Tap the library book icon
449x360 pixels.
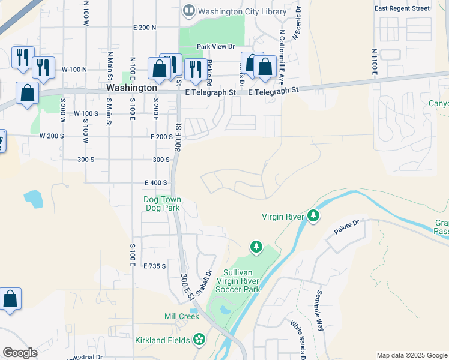189,10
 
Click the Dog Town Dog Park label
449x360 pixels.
162,204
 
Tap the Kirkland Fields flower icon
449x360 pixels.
199,340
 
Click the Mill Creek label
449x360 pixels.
181,316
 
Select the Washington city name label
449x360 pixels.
131,88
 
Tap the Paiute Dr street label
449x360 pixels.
347,223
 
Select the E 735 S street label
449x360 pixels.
155,265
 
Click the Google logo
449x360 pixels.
20,353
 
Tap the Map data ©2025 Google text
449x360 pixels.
411,355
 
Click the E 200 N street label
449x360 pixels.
145,28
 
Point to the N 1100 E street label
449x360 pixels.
374,62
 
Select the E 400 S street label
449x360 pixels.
155,182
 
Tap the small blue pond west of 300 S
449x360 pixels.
33,199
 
